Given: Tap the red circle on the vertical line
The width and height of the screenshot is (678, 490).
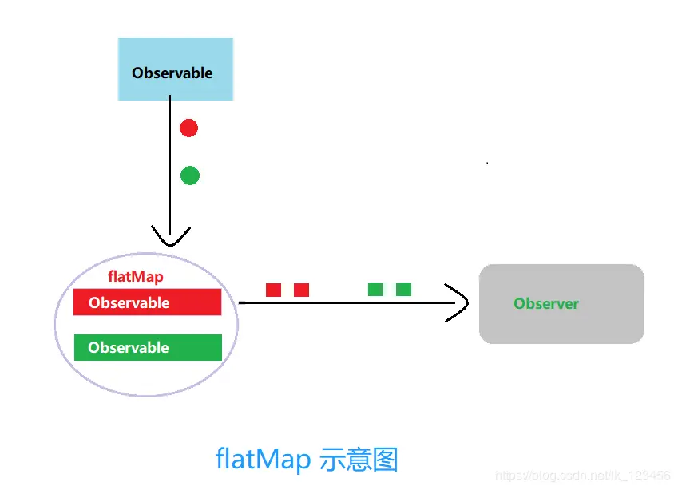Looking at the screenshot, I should (188, 128).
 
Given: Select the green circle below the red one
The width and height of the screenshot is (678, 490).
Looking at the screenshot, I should (189, 176).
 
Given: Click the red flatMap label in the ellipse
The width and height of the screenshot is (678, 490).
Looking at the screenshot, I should (135, 278).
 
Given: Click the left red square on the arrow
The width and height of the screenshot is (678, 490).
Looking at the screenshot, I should (273, 290).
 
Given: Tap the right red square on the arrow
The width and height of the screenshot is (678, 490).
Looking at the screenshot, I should (301, 290).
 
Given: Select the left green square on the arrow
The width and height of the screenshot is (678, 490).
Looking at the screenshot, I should (375, 289).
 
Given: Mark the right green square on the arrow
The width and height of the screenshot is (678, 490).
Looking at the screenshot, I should (403, 289).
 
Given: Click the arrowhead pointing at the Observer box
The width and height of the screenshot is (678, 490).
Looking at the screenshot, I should (458, 303).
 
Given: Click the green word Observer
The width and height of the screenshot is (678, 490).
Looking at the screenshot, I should (546, 304).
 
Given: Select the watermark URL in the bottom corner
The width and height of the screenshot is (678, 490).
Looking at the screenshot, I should (583, 476).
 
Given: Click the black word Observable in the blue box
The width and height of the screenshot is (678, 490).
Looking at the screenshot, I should (172, 73).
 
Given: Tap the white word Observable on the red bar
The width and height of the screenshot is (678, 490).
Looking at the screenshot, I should (129, 303).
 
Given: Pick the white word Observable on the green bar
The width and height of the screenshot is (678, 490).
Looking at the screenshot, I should (129, 348).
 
